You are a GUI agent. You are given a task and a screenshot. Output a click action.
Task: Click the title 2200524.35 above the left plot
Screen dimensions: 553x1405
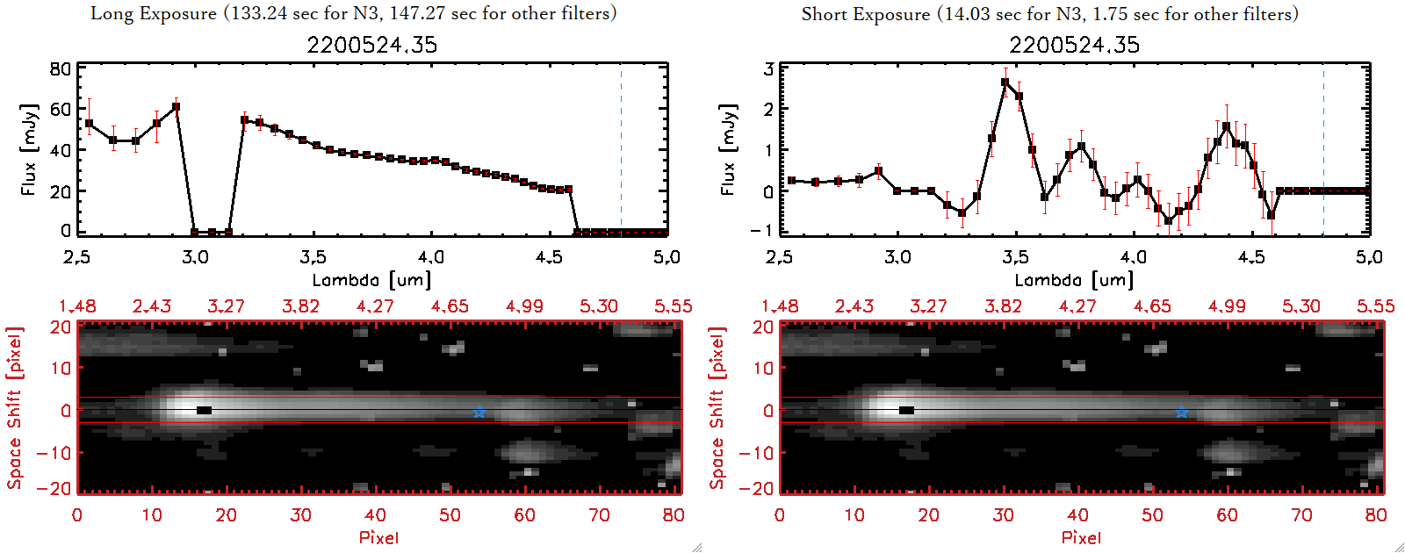point(371,45)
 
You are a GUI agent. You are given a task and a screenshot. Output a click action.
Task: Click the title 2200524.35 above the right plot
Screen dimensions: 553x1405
point(1074,45)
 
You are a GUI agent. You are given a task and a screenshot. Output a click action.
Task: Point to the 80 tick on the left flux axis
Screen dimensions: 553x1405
point(60,69)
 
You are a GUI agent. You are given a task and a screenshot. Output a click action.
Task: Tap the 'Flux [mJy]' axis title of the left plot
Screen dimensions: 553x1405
point(29,149)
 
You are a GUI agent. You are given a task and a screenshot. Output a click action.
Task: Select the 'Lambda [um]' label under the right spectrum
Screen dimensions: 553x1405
point(1074,280)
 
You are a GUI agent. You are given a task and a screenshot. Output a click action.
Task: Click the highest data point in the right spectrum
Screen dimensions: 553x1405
point(1005,83)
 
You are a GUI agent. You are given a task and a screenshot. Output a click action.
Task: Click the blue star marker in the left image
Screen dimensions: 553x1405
point(479,413)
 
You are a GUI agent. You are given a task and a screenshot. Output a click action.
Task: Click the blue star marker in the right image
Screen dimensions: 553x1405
point(1181,413)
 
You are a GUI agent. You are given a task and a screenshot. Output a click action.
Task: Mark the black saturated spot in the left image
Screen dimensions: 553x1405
point(204,410)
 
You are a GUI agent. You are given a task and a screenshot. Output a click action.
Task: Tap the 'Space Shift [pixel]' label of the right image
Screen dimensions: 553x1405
point(717,408)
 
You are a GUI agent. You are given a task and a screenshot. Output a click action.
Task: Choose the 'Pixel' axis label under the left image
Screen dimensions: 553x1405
point(378,537)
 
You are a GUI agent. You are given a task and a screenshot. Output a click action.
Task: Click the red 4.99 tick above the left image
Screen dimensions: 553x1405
point(524,306)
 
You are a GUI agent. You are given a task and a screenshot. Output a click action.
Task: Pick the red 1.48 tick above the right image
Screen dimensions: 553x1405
point(780,306)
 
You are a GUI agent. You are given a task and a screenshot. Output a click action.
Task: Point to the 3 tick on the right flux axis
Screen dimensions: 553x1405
point(768,69)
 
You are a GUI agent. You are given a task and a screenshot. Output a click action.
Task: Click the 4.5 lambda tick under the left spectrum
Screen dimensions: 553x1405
point(549,257)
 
